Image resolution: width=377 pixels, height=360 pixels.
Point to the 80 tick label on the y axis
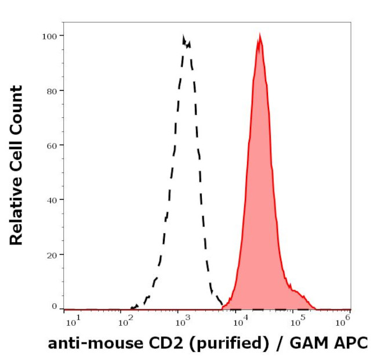(x=50, y=91)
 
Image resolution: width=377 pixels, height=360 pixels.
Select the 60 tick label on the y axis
(x=50, y=145)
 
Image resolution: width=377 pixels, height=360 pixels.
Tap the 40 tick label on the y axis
(x=50, y=200)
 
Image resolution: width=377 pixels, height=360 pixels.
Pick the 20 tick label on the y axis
(x=50, y=254)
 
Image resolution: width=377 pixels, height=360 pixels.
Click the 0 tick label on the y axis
(x=53, y=306)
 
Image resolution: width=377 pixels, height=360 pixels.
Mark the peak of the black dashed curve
(x=184, y=37)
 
